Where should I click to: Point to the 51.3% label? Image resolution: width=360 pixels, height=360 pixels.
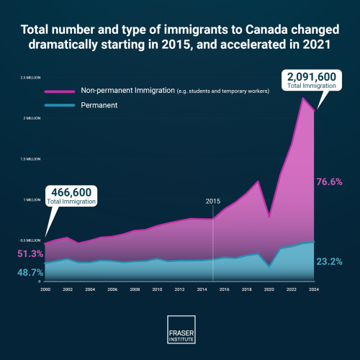(30, 254)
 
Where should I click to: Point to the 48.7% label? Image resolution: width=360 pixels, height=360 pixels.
(30, 274)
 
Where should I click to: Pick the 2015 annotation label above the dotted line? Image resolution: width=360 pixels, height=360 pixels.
(213, 201)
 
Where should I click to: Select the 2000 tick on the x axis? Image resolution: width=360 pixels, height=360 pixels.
(45, 289)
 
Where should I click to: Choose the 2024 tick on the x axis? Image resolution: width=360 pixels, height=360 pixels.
(314, 289)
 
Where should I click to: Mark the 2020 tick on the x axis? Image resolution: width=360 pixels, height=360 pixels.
(269, 289)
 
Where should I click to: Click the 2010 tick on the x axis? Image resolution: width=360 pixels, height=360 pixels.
(157, 289)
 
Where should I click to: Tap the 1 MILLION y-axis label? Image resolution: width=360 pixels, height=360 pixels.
(33, 199)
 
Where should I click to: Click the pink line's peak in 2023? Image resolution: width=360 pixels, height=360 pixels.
(302, 97)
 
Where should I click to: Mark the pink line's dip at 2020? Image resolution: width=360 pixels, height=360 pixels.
(269, 217)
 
